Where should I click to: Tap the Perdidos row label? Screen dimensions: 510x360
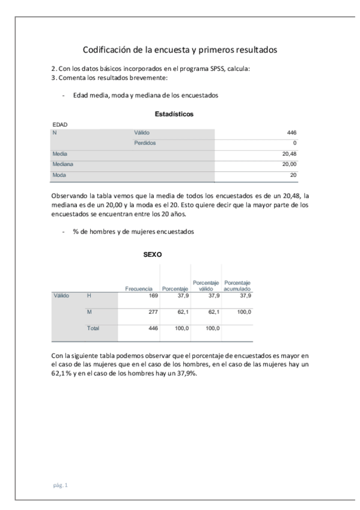(x=145, y=143)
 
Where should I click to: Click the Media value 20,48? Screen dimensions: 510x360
(x=289, y=154)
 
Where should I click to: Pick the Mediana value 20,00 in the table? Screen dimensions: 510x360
(x=289, y=164)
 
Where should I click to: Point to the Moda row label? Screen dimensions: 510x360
(x=60, y=175)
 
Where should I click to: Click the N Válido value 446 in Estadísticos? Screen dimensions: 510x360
(x=291, y=132)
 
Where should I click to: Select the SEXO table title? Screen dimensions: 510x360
(x=153, y=255)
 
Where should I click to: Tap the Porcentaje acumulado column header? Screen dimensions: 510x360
(x=237, y=285)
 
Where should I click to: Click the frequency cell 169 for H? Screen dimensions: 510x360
(x=151, y=295)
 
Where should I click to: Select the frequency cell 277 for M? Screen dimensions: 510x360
(x=151, y=312)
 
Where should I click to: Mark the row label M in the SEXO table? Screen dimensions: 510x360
(x=90, y=312)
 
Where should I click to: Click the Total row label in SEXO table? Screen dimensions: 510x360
(x=93, y=328)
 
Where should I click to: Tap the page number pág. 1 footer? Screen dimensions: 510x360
(x=61, y=485)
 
